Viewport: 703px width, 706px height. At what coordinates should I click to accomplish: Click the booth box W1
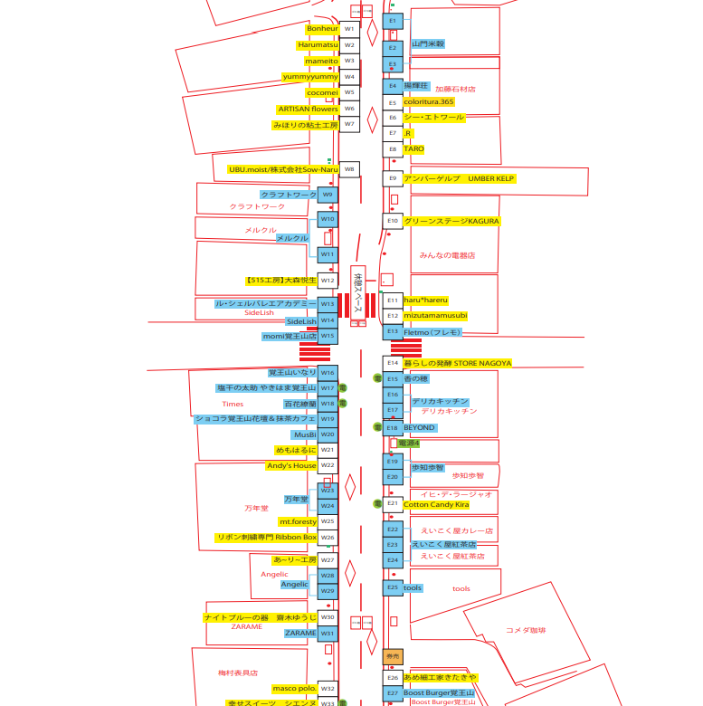click(348, 29)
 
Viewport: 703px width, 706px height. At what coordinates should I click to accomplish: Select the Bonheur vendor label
click(322, 29)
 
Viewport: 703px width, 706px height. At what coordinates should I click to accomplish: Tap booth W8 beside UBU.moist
click(348, 169)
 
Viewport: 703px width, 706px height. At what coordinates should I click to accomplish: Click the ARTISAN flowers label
click(308, 109)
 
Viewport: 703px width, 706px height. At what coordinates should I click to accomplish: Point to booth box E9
click(392, 178)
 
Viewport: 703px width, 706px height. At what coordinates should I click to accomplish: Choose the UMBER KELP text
click(491, 178)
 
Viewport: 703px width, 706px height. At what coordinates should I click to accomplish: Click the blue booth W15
click(328, 336)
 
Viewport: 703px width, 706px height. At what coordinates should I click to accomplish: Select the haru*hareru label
click(425, 300)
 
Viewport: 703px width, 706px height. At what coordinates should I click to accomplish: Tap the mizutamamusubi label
click(435, 315)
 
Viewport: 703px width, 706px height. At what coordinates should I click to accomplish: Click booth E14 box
click(392, 363)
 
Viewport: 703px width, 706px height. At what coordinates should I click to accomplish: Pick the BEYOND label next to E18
click(419, 427)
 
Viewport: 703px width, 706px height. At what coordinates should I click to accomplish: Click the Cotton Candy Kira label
click(436, 504)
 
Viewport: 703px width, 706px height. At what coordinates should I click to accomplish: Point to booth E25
click(392, 587)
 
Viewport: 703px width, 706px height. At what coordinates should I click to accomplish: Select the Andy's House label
click(291, 465)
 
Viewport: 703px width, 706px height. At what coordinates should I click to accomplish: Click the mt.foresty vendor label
click(298, 521)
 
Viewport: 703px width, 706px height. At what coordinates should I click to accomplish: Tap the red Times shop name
click(233, 405)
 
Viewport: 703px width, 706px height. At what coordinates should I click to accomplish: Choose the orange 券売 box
click(393, 655)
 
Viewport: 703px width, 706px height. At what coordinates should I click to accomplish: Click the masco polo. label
click(293, 688)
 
